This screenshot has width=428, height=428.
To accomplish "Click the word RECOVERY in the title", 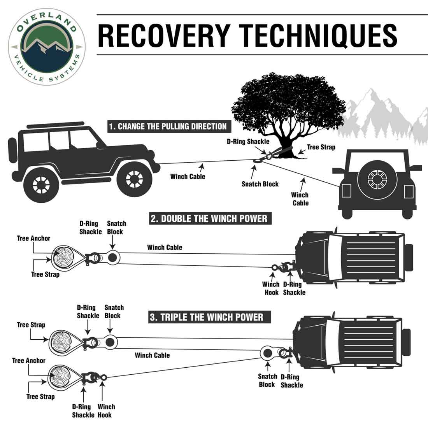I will [x=163, y=35].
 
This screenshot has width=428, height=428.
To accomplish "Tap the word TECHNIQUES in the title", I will [x=319, y=35].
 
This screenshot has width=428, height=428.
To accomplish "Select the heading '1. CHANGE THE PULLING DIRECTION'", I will [x=167, y=126].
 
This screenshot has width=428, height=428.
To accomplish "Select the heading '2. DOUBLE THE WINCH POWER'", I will [x=209, y=218].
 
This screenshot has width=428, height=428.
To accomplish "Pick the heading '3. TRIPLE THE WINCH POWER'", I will [x=206, y=317].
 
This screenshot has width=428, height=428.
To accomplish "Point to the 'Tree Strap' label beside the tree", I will [x=321, y=147].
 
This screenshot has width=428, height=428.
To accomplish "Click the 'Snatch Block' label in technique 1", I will [x=260, y=184].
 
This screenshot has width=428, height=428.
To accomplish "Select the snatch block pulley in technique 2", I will [x=113, y=257].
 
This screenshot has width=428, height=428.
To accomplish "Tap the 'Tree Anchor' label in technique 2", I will [x=33, y=238].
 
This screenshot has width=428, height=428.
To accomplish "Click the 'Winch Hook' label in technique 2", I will [x=271, y=288].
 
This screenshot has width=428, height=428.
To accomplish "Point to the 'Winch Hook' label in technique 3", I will [x=106, y=411].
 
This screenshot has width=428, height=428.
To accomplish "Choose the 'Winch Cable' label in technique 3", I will [x=152, y=355].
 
